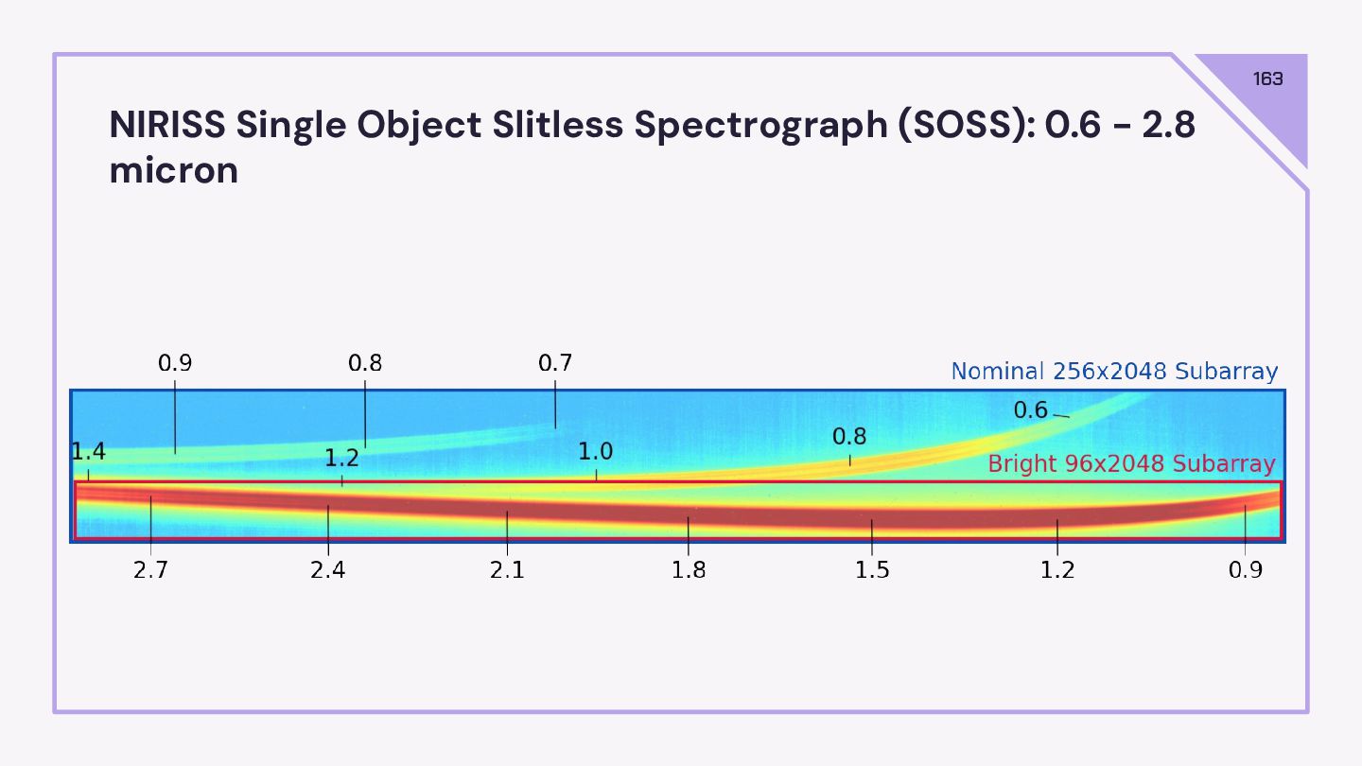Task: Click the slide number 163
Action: pyautogui.click(x=1267, y=79)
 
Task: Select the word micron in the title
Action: pyautogui.click(x=174, y=171)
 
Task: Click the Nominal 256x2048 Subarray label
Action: pyautogui.click(x=1114, y=372)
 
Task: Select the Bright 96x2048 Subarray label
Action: pyautogui.click(x=1131, y=464)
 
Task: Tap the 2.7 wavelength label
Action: pyautogui.click(x=150, y=571)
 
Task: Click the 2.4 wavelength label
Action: pyautogui.click(x=328, y=571)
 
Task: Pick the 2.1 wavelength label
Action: pyautogui.click(x=507, y=571)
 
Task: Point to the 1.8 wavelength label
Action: pyautogui.click(x=688, y=571)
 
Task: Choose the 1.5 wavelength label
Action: pyautogui.click(x=872, y=571)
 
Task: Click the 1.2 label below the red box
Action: pyautogui.click(x=1057, y=571)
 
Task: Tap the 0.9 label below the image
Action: pyautogui.click(x=1245, y=571)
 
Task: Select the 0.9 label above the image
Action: pyautogui.click(x=175, y=363)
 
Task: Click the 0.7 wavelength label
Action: pyautogui.click(x=555, y=363)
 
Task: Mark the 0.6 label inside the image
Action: pyautogui.click(x=1031, y=410)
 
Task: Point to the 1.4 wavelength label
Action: pyautogui.click(x=88, y=453)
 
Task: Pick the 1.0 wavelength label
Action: pyautogui.click(x=596, y=452)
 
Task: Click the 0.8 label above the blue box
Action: pyautogui.click(x=365, y=363)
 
